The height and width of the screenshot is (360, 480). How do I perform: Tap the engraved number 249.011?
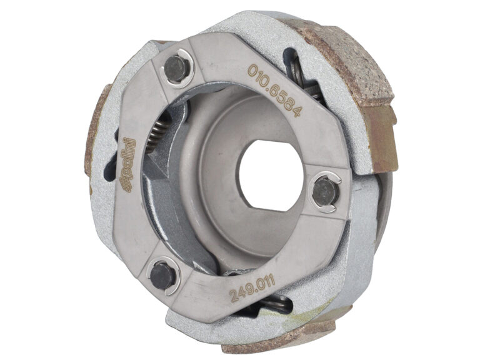coord(252,288)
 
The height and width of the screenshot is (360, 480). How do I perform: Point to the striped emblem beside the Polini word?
coord(127,186)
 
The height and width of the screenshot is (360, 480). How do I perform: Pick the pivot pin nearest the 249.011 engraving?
coord(162,276)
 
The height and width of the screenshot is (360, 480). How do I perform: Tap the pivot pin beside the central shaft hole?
coord(326,192)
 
